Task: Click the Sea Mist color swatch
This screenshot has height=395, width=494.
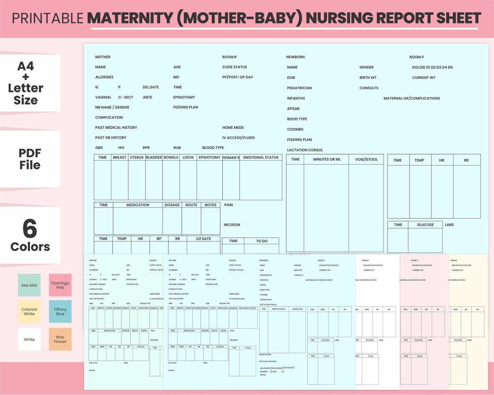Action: click(29, 285)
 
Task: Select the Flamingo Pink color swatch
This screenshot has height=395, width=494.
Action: click(60, 285)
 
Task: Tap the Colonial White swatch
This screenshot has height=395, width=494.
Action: click(29, 311)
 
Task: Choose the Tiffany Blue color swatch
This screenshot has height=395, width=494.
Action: click(60, 311)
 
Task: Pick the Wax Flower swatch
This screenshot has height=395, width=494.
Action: click(60, 339)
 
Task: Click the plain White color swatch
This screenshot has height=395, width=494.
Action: click(29, 339)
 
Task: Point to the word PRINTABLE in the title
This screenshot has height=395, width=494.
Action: click(48, 18)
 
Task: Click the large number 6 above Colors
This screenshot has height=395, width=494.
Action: click(30, 229)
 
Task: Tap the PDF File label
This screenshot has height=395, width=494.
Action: click(29, 159)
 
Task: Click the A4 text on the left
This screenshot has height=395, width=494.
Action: click(26, 66)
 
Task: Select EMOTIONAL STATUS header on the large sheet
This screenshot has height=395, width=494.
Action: click(260, 158)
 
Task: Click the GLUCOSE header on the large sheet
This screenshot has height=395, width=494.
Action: click(425, 225)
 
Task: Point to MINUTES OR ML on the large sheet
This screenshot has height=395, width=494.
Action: click(326, 159)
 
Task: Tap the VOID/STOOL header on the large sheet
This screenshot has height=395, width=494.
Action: click(366, 159)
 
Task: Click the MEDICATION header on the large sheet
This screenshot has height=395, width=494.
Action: click(138, 205)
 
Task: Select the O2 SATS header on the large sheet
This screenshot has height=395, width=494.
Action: click(203, 239)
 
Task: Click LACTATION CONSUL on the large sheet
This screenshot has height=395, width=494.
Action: click(305, 150)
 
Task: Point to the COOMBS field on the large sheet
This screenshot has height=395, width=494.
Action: click(295, 130)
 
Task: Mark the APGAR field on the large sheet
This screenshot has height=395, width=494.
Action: click(293, 109)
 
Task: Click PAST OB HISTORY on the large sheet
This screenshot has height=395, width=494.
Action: click(110, 138)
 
